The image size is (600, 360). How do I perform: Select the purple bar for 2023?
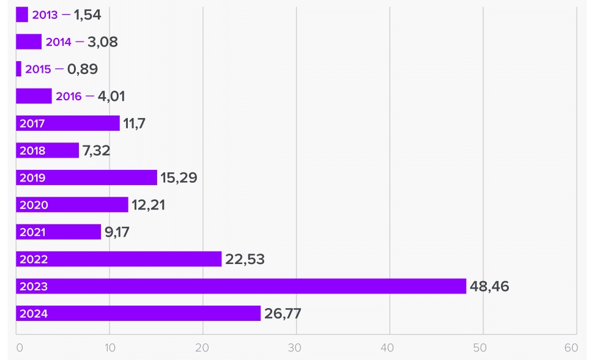241,286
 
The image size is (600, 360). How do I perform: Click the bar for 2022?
119,259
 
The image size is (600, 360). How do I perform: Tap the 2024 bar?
138,314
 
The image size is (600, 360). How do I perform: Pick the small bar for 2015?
18,69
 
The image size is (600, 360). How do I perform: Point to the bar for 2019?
86,178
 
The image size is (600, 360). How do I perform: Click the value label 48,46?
489,286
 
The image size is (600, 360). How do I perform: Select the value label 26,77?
283,314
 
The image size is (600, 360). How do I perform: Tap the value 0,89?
83,69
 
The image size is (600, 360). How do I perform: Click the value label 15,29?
179,178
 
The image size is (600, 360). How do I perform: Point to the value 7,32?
96,150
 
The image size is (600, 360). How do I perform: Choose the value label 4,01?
111,96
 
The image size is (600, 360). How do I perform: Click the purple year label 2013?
45,15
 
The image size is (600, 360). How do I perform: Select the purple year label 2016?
69,97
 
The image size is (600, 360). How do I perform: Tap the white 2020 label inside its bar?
34,205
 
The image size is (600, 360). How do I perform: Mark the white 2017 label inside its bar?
32,123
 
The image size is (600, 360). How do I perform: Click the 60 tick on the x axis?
571,348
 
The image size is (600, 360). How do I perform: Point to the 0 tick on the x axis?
20,348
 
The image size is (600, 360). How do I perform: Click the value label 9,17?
117,232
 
